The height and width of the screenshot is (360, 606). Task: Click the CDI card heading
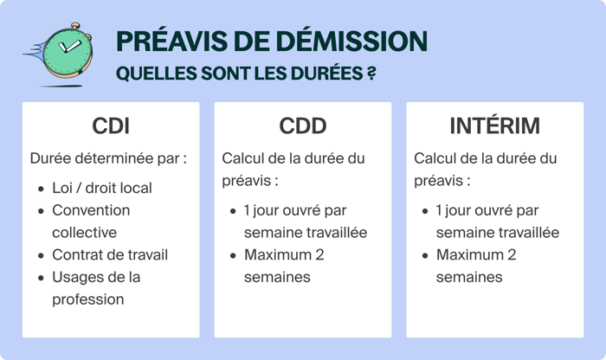(x=111, y=126)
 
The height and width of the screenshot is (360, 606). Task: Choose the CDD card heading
(x=303, y=126)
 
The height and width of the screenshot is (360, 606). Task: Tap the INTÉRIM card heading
(x=494, y=126)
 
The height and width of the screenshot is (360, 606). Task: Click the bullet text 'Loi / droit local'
(x=101, y=188)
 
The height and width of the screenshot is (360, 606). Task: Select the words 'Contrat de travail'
(x=110, y=254)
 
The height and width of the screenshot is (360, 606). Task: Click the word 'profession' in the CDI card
(x=88, y=299)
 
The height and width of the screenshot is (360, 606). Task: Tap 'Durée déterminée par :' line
(x=108, y=159)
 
